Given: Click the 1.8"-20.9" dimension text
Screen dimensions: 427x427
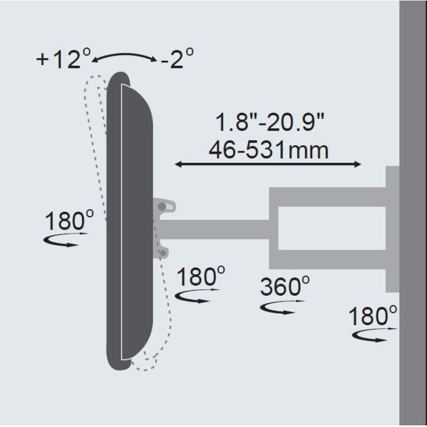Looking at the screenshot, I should pyautogui.click(x=270, y=124).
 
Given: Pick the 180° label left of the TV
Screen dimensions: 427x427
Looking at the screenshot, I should pyautogui.click(x=69, y=221).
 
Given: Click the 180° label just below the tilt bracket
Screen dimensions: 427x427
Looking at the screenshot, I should pyautogui.click(x=201, y=278).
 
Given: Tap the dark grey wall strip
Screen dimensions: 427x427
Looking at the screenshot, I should pyautogui.click(x=413, y=213).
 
